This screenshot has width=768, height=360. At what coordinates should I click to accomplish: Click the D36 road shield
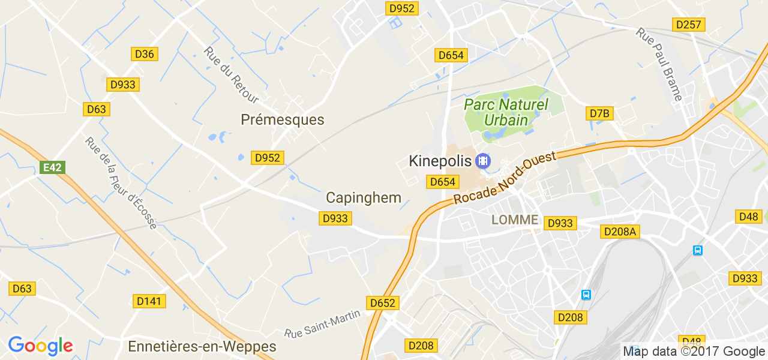tap(144, 54)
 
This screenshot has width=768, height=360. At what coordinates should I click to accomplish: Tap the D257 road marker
tap(688, 25)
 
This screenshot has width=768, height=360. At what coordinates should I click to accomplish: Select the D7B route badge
tap(599, 113)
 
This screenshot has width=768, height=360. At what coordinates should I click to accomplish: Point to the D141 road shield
tap(149, 301)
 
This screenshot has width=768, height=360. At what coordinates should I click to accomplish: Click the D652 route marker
tap(383, 303)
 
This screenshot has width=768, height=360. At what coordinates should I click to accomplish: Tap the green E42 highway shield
tap(52, 167)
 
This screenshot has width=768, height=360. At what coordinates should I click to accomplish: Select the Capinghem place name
tap(363, 198)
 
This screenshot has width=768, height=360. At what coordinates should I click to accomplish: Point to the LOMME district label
tap(515, 220)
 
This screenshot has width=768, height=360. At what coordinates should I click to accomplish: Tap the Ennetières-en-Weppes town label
tap(202, 347)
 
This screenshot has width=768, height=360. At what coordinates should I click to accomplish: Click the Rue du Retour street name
tap(232, 75)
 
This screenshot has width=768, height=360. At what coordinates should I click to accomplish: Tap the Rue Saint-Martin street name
tap(322, 323)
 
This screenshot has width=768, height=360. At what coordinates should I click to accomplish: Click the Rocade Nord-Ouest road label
tap(505, 178)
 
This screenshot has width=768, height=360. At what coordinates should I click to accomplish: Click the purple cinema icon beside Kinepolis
tap(482, 161)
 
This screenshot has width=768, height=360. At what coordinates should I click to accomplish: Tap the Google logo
tap(40, 346)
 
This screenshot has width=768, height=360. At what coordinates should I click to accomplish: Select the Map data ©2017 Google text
tap(694, 352)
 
